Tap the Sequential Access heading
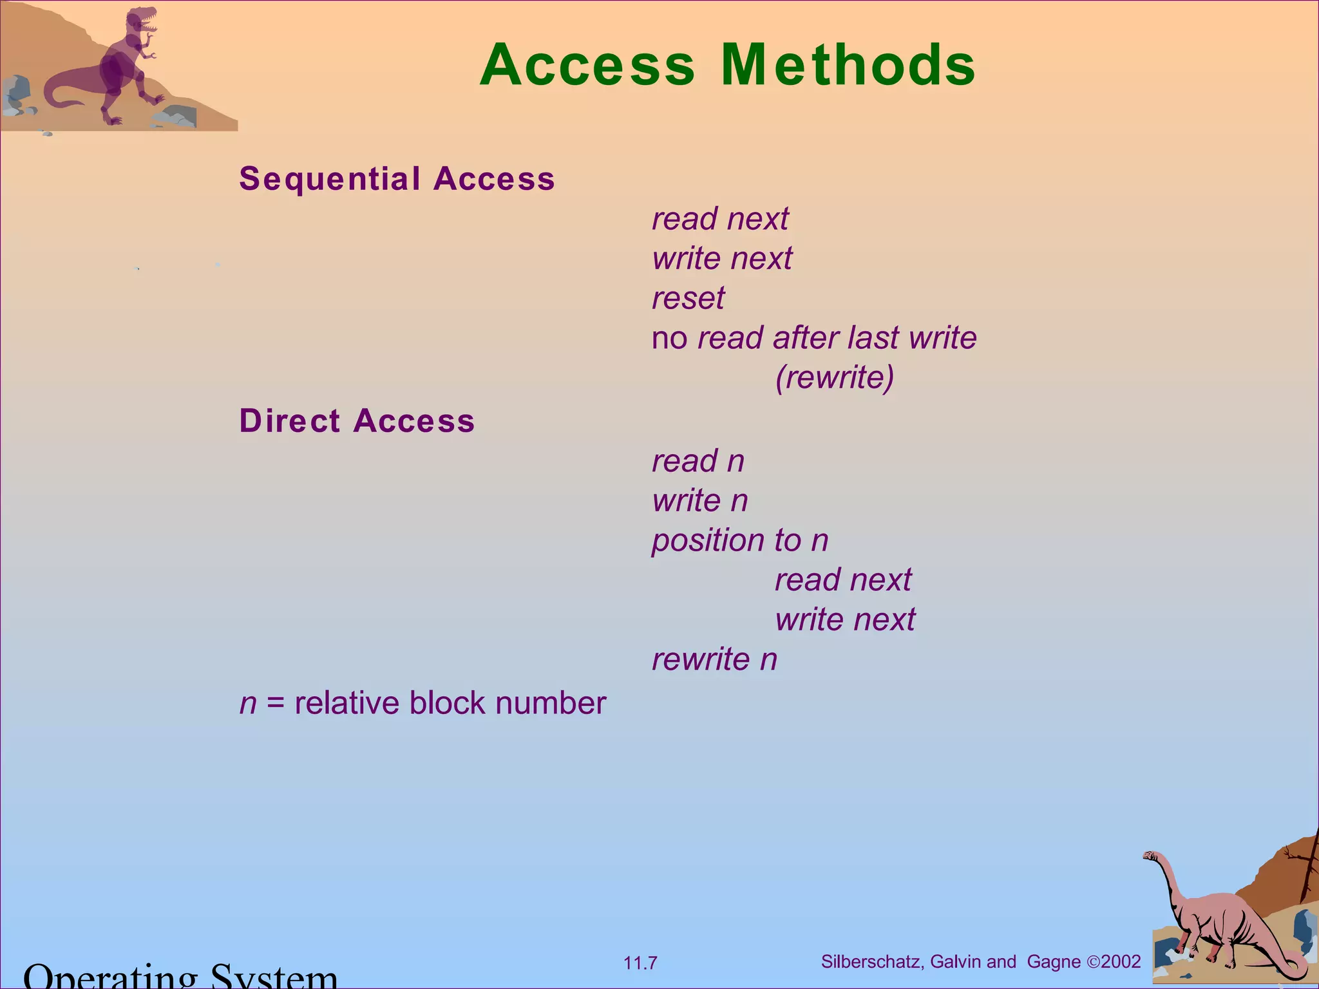pos(397,178)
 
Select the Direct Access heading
pos(357,421)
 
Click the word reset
pos(688,298)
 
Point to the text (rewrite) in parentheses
pos(835,377)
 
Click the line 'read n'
pos(698,461)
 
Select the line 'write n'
pos(700,500)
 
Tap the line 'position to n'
pos(740,540)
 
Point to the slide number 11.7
pos(640,963)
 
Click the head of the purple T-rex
pos(143,19)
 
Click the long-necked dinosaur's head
pos(1150,856)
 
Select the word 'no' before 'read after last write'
pos(669,339)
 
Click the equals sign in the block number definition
pos(276,703)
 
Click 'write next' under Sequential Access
pos(722,259)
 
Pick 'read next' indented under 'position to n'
pos(843,579)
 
